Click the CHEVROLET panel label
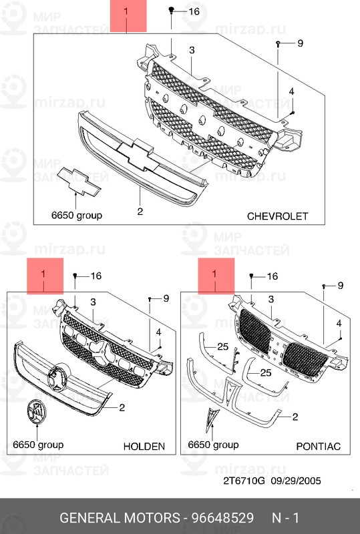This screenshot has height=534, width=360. pos(277,216)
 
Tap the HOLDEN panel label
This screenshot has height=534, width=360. pos(144,447)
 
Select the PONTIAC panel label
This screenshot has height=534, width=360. pos(319,447)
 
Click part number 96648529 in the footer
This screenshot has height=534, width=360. pos(222,518)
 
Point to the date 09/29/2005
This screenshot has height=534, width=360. pos(296,481)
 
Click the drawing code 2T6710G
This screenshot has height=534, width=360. pos(244,481)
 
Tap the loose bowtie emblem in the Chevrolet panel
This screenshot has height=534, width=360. pos(79,182)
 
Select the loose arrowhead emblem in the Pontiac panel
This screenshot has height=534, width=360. pos(212,421)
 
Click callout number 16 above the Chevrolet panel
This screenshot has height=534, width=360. pos(194,11)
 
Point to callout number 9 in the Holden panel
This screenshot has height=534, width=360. pos(166,298)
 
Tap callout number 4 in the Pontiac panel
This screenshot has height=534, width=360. pos(339,324)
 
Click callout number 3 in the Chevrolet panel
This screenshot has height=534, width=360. pos(192,51)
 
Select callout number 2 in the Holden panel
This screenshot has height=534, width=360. pos(122,407)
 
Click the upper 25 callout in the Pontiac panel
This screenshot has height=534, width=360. pos(222,346)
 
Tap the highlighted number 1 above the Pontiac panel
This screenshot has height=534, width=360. pos(214,274)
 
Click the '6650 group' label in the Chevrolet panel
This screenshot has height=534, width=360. pos(77,216)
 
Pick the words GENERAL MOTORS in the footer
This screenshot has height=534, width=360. pos(120,518)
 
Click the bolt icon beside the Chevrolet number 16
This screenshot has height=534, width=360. pos(172,11)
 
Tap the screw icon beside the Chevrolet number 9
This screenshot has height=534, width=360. pos(278,43)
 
